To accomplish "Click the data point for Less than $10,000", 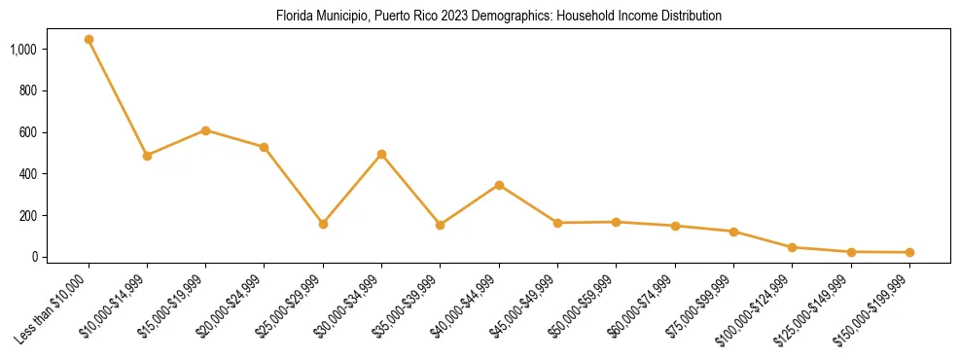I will [x=89, y=40].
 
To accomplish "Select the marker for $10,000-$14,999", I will [x=147, y=156].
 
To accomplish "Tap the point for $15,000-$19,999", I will [x=205, y=130].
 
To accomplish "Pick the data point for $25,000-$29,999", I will [x=323, y=224].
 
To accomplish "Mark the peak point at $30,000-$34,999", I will [x=381, y=154].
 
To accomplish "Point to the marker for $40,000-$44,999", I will [x=499, y=185].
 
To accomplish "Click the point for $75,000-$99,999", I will [x=733, y=232].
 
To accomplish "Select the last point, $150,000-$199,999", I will [x=909, y=253].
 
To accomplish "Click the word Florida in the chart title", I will [x=293, y=17].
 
